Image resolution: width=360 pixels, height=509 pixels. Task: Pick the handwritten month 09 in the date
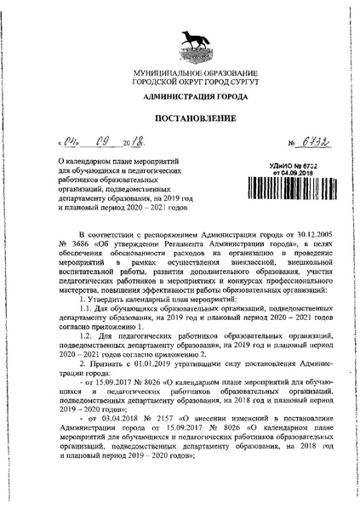[x=111, y=143]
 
